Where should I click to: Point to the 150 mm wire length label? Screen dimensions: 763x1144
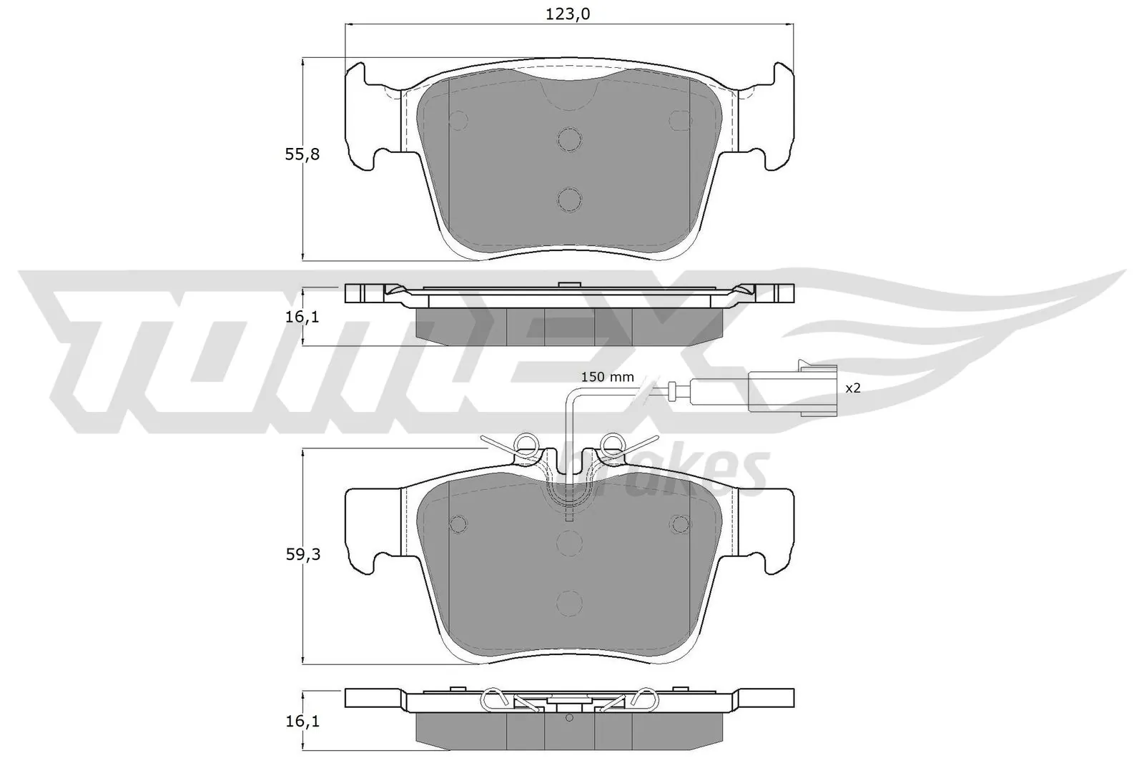pos(607,377)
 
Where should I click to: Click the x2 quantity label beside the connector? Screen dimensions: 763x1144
pos(852,388)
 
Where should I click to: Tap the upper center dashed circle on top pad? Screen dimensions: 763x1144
pos(569,139)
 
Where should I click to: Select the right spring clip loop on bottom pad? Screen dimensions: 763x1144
pos(613,444)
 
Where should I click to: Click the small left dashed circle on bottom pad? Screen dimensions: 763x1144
pos(458,524)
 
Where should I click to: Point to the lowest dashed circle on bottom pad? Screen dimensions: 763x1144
pos(569,602)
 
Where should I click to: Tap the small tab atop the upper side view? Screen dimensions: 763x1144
pos(569,285)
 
